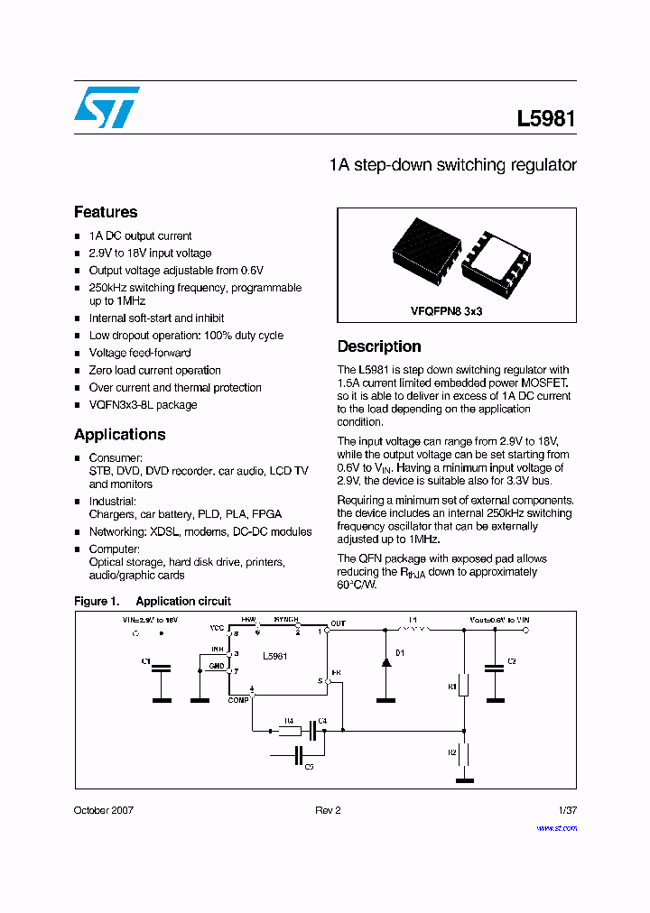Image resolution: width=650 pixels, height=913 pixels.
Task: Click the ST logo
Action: pos(107,107)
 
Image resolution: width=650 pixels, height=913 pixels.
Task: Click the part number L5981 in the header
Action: pos(546,119)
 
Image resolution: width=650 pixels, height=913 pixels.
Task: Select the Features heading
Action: pos(106,212)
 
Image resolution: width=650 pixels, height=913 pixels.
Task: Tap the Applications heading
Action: pos(119,434)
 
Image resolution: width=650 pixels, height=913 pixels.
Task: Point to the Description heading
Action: pos(379,346)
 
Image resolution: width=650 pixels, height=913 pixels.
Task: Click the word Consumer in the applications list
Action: pos(115,458)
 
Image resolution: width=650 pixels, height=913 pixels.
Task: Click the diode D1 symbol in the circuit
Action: pos(385,662)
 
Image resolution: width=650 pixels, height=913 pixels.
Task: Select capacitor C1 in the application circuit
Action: pos(162,669)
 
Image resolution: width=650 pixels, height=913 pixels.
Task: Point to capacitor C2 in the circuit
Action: pos(494,669)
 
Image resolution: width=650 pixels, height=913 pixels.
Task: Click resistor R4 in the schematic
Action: pos(289,731)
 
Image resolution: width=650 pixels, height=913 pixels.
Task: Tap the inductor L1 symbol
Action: pos(413,631)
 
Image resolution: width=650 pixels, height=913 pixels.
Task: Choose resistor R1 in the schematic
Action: pos(465,687)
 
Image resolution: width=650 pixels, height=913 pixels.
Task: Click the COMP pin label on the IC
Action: pos(238,700)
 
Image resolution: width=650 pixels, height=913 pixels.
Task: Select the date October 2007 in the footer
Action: pos(103,810)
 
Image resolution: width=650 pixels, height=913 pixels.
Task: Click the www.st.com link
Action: pos(556,827)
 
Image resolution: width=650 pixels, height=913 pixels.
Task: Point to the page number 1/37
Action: pos(566,810)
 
